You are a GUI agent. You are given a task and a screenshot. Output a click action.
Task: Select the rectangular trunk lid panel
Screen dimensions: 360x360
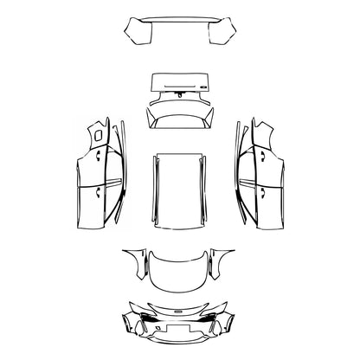pos(180,83)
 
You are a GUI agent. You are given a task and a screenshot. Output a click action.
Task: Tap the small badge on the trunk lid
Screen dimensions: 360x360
pos(202,87)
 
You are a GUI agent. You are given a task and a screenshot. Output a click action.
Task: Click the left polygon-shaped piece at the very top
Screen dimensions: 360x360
pos(138,35)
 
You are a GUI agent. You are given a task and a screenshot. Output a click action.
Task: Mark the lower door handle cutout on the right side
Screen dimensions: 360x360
pos(259,187)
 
